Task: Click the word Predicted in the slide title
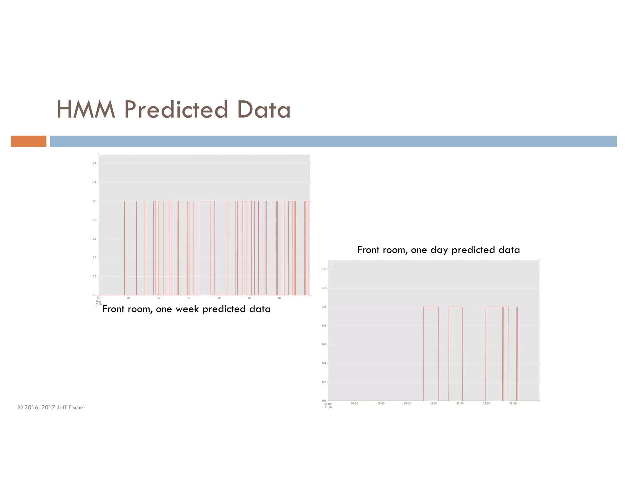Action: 176,109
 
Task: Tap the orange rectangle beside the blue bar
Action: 29,141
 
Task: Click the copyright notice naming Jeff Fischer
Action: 52,407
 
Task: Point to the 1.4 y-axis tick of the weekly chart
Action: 94,163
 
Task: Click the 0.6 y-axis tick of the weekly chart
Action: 94,239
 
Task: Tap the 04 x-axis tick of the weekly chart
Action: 189,298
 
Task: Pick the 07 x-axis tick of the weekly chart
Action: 280,298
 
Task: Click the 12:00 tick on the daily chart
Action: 434,403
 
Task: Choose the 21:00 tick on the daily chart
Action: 513,403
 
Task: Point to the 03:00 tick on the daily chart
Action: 354,403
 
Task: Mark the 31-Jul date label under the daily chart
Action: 328,407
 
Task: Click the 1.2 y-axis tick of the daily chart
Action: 324,288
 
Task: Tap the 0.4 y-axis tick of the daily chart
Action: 324,363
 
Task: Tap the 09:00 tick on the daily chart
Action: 407,403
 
